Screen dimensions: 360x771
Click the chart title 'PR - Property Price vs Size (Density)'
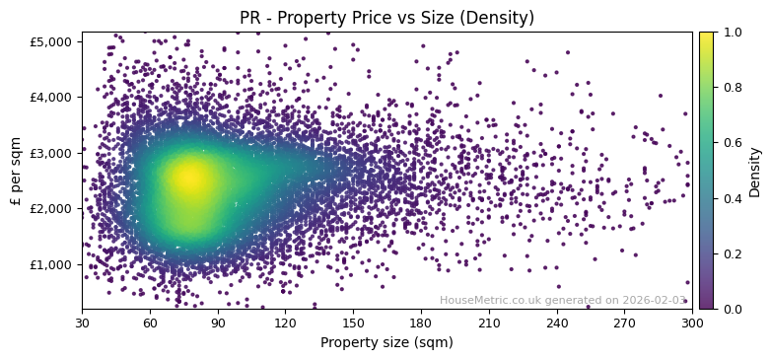coord(386,18)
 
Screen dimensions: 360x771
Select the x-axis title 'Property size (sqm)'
coord(386,343)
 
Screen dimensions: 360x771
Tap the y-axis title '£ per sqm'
coord(16,171)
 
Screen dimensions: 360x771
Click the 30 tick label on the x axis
coord(82,322)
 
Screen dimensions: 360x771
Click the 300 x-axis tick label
coord(692,322)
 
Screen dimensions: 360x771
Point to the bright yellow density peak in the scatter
coord(189,178)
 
